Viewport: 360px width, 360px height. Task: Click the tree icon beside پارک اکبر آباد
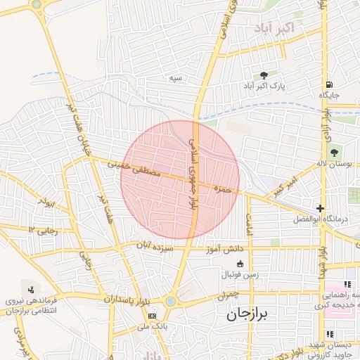(x=264, y=75)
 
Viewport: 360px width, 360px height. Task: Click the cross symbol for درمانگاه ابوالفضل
(x=321, y=208)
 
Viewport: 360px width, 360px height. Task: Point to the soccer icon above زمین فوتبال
(x=239, y=263)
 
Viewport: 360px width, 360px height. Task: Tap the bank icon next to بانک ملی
(x=153, y=316)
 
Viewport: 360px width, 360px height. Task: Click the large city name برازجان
(x=252, y=314)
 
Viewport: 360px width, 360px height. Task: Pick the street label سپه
(x=175, y=78)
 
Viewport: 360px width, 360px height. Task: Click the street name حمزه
(x=223, y=188)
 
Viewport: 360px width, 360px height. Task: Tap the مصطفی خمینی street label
(x=134, y=168)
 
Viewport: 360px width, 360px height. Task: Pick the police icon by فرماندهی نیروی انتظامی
(x=30, y=289)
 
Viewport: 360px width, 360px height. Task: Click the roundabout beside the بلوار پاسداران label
(x=170, y=302)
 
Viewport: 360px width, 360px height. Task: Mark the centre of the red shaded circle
(x=180, y=179)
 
